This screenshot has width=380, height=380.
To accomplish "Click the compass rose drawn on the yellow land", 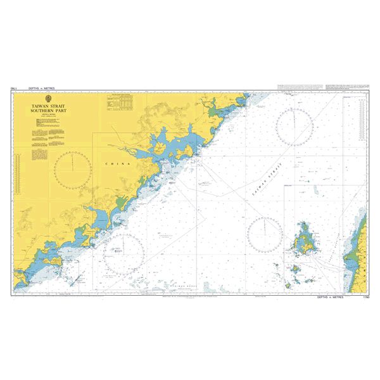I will [73, 170].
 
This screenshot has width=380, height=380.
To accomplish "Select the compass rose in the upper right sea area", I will [294, 127].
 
